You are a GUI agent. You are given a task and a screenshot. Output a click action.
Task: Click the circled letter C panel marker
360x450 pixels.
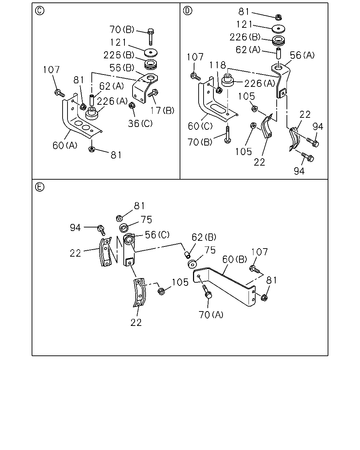point(39,11)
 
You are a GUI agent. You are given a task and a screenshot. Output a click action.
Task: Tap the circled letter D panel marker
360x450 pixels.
point(187,11)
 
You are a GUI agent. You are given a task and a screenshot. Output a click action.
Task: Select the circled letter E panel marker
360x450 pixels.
point(39,187)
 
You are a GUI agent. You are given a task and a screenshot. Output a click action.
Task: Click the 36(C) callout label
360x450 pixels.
point(140,124)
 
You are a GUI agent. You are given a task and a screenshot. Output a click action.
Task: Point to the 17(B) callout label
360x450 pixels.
point(162,110)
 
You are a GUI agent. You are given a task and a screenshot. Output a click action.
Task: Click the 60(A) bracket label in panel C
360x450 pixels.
point(65,145)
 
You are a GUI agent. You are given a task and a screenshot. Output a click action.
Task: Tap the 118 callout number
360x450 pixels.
point(218,65)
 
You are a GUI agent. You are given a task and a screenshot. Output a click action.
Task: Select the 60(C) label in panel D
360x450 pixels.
point(200,126)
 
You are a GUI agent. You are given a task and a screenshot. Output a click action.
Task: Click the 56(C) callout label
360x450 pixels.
point(157,235)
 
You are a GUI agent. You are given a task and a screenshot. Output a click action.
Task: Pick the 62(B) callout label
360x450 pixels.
point(204,237)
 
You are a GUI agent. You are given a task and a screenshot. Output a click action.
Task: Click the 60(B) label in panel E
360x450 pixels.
point(234,259)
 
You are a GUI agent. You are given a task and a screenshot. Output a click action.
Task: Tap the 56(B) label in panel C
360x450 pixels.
point(122,68)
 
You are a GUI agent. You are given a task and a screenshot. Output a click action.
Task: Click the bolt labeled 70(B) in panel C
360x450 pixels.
point(150,37)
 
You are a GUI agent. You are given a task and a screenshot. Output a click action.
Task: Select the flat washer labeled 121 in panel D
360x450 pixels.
point(278,29)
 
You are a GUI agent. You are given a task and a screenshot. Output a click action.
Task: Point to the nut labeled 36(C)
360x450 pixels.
point(132,105)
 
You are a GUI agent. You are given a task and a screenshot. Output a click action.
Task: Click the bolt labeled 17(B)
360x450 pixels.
point(153,93)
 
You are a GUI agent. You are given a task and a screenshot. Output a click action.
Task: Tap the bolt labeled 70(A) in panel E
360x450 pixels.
point(207,292)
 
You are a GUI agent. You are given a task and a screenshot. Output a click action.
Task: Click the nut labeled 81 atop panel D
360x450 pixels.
point(278,17)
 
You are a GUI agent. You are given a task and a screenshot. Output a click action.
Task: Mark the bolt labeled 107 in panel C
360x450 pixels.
point(59,93)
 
